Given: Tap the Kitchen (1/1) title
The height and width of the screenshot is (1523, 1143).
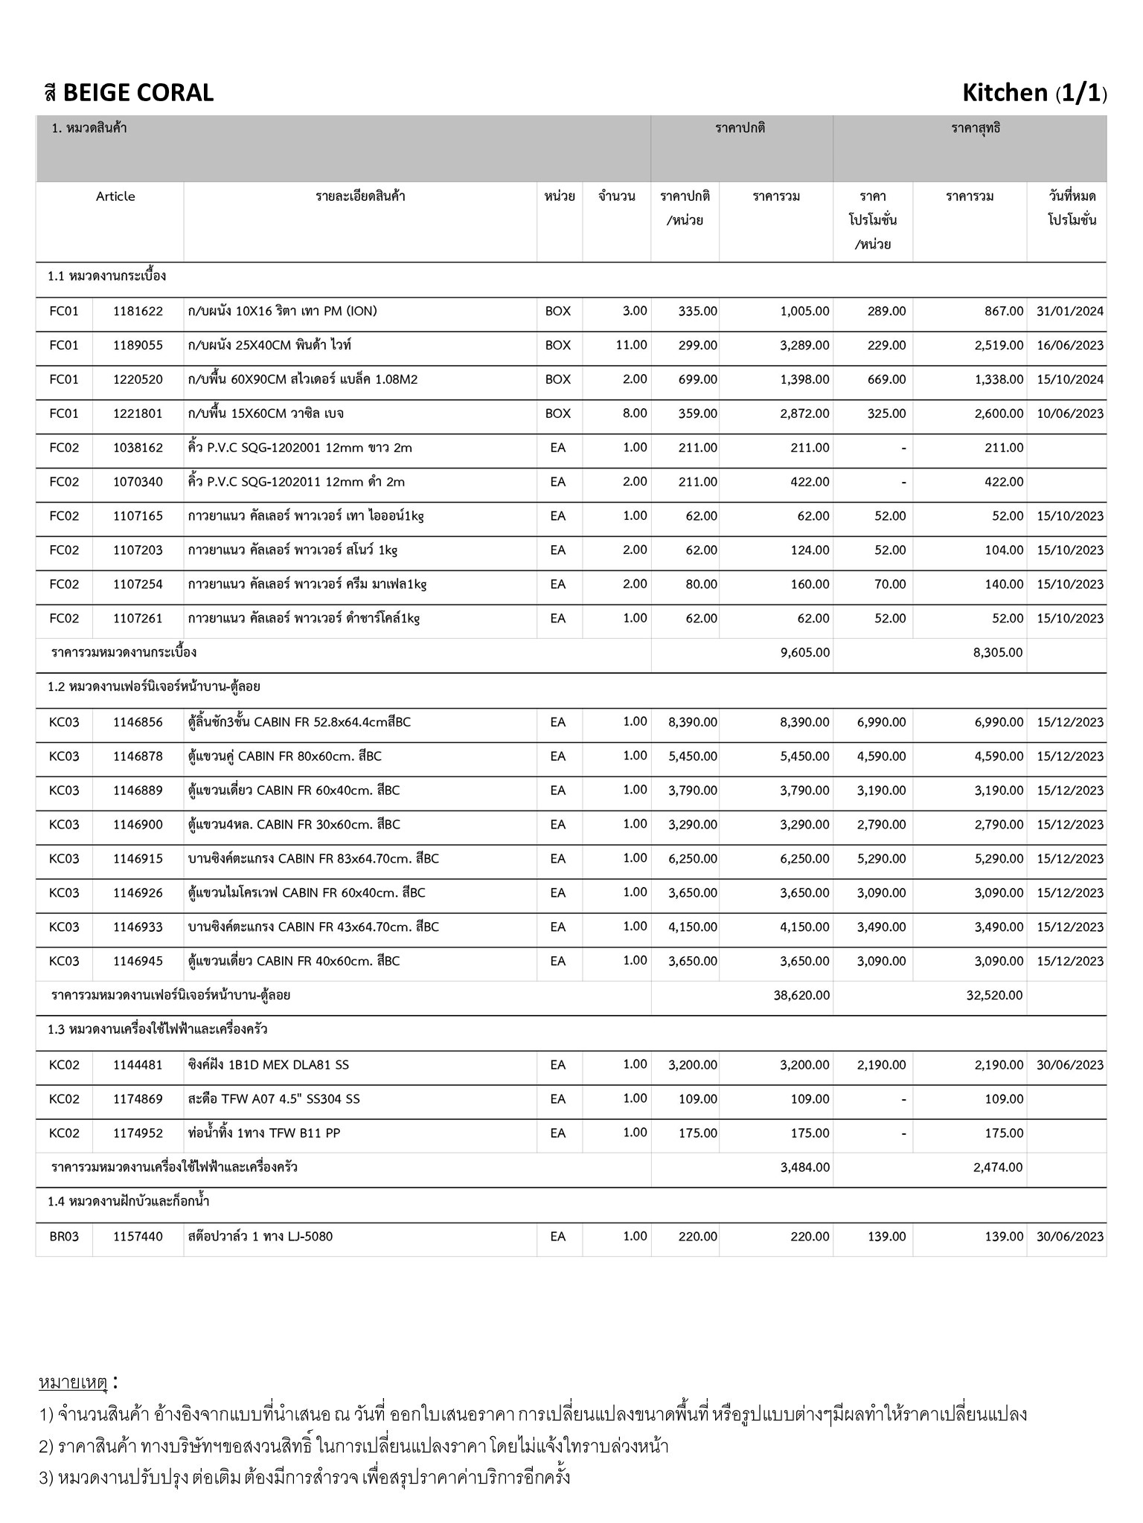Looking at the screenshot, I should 1034,93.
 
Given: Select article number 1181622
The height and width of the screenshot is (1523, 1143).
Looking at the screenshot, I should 138,311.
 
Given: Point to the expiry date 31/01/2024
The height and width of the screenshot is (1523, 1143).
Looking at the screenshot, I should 1069,311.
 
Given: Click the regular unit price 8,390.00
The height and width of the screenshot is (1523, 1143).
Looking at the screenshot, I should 692,722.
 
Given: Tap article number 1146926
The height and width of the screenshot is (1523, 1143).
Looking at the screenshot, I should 138,892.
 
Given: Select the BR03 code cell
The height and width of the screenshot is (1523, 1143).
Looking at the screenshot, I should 64,1237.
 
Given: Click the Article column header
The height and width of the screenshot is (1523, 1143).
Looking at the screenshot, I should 115,196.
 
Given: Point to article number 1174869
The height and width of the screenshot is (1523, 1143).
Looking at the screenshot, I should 138,1099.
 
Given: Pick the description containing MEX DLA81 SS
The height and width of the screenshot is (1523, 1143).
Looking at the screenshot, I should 268,1065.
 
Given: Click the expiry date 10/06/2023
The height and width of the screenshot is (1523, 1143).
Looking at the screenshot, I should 1069,413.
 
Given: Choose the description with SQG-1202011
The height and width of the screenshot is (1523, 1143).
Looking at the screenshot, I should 296,482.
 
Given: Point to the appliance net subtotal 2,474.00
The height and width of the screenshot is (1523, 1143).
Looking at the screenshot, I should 997,1168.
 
